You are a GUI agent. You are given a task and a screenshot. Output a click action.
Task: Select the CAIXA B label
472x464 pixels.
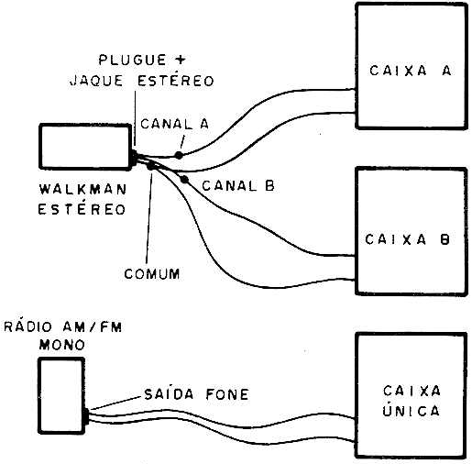click(408, 239)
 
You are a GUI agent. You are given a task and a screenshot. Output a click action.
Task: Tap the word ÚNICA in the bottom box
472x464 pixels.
click(412, 410)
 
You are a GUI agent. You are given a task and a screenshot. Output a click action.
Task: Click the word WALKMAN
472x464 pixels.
click(82, 190)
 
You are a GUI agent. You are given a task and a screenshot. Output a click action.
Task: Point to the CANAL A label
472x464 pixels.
click(174, 124)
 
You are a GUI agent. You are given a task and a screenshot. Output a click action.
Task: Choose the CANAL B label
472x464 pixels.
click(238, 186)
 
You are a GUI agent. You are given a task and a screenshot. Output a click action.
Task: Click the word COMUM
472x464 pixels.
click(152, 274)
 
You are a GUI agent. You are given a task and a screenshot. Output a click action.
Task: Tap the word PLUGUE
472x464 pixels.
click(132, 60)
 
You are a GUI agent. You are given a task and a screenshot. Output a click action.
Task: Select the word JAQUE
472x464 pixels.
click(96, 81)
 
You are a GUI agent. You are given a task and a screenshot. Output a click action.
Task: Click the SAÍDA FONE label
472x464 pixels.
click(196, 394)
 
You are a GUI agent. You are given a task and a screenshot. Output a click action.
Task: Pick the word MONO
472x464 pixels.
click(62, 345)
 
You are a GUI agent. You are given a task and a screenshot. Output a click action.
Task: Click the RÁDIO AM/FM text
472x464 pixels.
click(63, 326)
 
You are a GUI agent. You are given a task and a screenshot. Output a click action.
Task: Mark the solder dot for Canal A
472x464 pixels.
click(179, 155)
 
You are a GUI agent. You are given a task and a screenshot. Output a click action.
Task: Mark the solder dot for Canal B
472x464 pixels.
click(184, 180)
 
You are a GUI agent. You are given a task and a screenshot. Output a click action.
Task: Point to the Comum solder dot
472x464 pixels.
click(151, 166)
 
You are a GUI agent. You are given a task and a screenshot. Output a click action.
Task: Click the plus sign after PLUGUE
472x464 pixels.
click(181, 60)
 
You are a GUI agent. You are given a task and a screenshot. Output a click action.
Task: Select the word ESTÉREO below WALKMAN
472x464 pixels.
click(82, 209)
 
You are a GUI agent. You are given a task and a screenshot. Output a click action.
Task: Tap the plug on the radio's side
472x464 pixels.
click(87, 416)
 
